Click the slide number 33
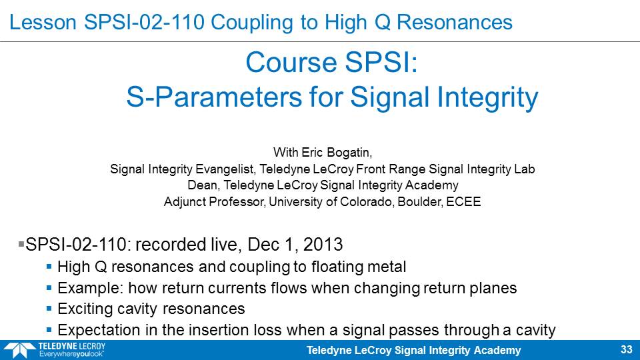626,350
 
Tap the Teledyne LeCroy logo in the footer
54,350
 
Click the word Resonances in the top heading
454,22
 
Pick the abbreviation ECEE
463,201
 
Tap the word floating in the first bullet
337,267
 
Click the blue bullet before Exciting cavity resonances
49,309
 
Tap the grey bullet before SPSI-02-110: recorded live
21,244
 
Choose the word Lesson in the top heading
43,22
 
